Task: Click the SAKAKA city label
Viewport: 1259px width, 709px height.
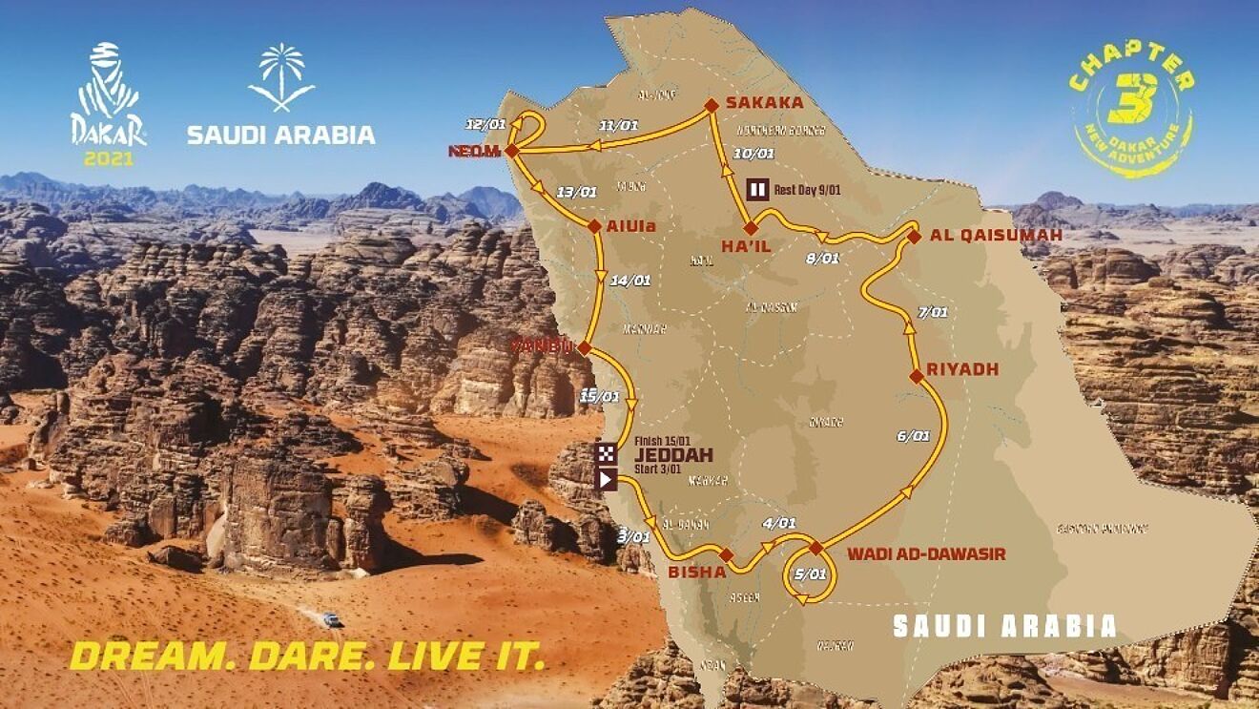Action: coord(764,103)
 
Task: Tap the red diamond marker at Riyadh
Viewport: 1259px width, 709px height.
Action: coord(916,377)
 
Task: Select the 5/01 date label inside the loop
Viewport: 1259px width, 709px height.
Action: coord(810,574)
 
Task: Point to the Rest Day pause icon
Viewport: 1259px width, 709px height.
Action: coord(757,189)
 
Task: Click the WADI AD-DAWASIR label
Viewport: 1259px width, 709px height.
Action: coord(926,554)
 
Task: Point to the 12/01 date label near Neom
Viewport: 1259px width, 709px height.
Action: coord(485,125)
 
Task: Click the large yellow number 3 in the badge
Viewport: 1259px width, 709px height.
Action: coord(1133,98)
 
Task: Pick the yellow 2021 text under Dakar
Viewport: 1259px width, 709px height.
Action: coord(109,158)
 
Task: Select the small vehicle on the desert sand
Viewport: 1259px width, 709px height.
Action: coord(331,620)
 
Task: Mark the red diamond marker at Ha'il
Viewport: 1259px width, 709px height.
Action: coord(750,228)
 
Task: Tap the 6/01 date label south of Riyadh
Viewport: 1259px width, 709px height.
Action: coord(913,436)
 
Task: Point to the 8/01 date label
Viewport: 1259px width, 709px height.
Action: coord(823,258)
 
